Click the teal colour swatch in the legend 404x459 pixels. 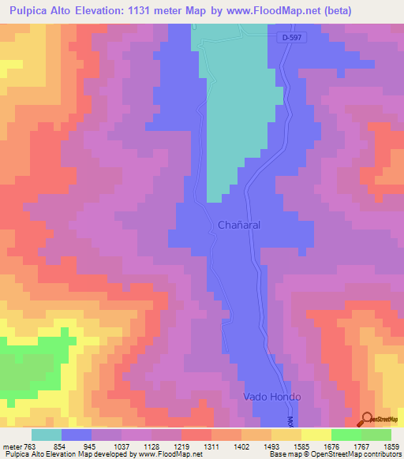47,435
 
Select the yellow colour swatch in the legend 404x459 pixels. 316,435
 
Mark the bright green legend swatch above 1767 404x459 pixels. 346,435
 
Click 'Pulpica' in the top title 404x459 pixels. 29,10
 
